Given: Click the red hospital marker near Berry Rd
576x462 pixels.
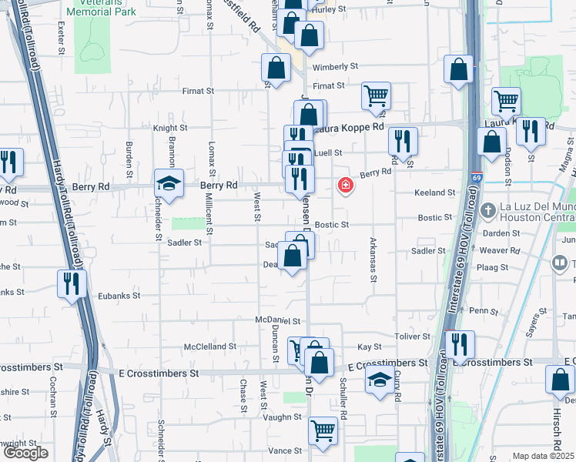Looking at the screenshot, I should [345, 185].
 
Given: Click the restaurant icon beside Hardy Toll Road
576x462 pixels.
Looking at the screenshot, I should [69, 284].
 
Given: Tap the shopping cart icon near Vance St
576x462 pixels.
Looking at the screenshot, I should [323, 431].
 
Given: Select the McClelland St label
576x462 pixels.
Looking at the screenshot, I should [210, 346].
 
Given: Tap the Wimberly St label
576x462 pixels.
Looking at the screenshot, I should [336, 67].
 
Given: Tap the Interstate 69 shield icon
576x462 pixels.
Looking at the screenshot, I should [477, 177].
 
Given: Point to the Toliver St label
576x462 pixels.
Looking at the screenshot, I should [413, 336].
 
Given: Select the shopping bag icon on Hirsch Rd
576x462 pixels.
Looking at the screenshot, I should [559, 380].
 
